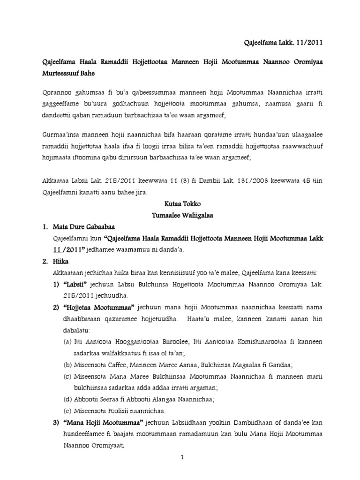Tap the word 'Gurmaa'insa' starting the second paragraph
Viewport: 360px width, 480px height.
tap(55, 136)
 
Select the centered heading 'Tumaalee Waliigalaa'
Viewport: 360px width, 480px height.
tap(179, 216)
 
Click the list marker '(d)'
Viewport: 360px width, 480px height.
tap(67, 399)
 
